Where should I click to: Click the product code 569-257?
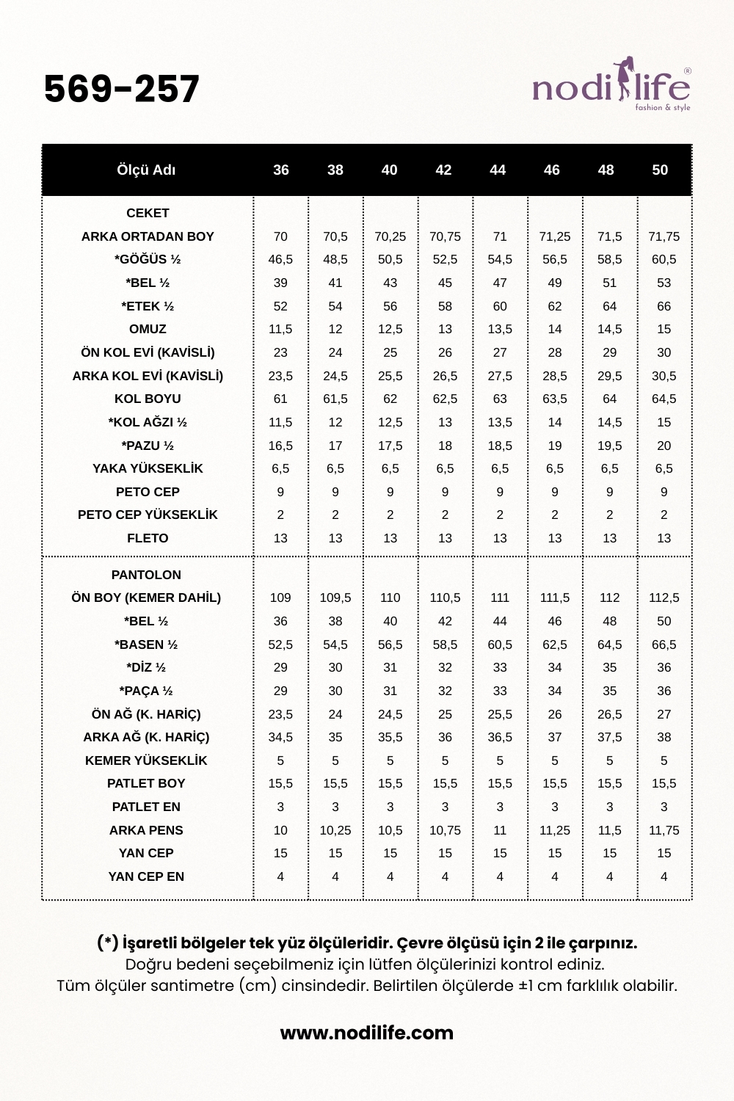[x=122, y=90]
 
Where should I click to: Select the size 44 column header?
[x=498, y=170]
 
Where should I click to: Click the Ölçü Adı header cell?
[x=146, y=170]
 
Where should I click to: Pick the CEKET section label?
[x=148, y=213]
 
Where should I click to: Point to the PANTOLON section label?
[x=146, y=575]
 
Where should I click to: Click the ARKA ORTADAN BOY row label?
[x=148, y=236]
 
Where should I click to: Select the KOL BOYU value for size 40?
[x=390, y=399]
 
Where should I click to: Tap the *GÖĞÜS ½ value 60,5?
[x=664, y=259]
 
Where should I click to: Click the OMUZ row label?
[x=148, y=329]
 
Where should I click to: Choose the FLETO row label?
[x=148, y=538]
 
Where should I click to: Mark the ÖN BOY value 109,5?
[x=335, y=597]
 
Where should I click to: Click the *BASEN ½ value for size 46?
[x=554, y=644]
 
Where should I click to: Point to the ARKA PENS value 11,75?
[x=664, y=830]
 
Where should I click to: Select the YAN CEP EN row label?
[x=146, y=876]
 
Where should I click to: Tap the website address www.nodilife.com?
[x=367, y=1033]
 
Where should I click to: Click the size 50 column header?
[x=660, y=170]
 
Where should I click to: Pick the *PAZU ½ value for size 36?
[x=280, y=446]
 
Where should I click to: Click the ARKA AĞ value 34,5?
[x=280, y=737]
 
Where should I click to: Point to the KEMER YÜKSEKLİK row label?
[x=146, y=760]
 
